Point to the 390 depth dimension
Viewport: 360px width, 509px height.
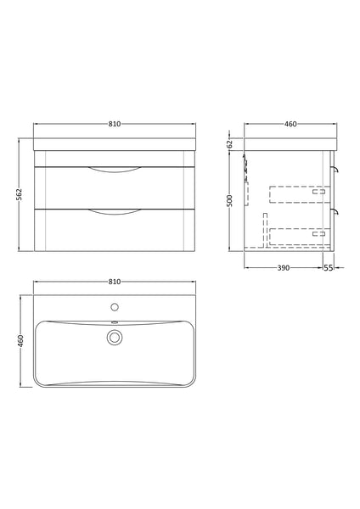[284, 267]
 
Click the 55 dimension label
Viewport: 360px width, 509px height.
[329, 267]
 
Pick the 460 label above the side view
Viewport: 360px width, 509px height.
[290, 125]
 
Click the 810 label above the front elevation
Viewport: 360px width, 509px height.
[115, 125]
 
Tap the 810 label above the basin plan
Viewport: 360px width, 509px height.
[115, 281]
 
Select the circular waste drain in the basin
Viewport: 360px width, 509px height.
[115, 338]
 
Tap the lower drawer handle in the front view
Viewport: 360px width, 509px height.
[115, 210]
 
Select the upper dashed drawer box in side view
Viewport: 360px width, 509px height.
[297, 195]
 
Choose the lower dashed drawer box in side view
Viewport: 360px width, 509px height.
[297, 237]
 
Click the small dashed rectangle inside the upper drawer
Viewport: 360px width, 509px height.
[319, 193]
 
